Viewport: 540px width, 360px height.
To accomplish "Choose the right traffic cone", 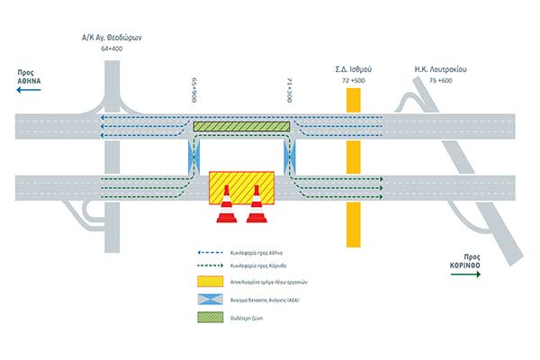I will click(256, 205).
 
